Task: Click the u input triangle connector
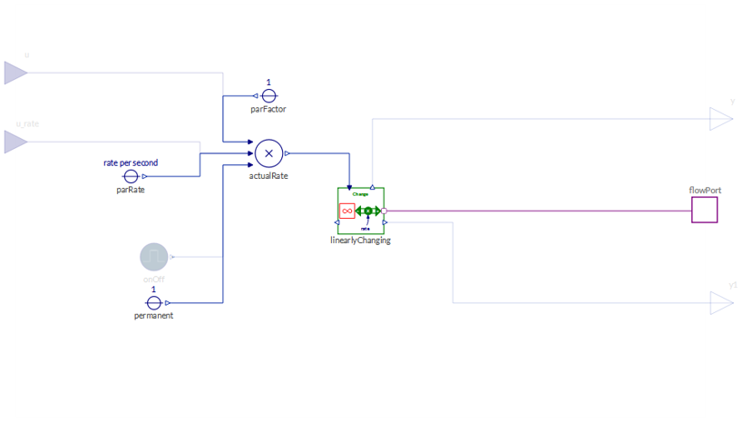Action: point(15,73)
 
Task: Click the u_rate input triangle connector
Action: point(15,142)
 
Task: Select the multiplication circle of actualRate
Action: point(268,153)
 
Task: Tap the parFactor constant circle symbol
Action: point(268,95)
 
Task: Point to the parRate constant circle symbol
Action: point(131,176)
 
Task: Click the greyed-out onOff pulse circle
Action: point(154,257)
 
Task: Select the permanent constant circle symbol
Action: point(154,302)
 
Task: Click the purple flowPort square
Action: point(705,211)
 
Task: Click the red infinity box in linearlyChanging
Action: point(347,211)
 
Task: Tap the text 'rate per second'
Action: point(131,163)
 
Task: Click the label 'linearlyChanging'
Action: point(360,240)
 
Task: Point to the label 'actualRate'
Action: point(268,176)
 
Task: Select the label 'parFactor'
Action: point(268,110)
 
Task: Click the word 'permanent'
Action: point(154,316)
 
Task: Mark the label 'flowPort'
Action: point(704,191)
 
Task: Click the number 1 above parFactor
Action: point(268,83)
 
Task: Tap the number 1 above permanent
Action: point(154,290)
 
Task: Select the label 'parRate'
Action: point(131,190)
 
